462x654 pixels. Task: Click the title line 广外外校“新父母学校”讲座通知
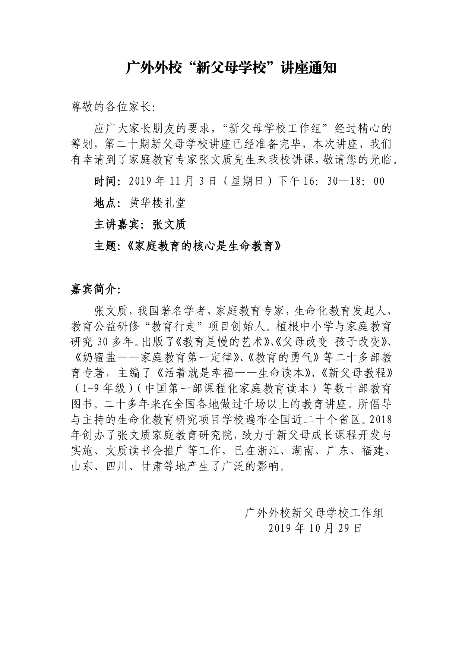pyautogui.click(x=231, y=69)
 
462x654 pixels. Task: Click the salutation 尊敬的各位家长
pyautogui.click(x=112, y=107)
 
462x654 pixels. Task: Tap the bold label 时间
pyautogui.click(x=105, y=181)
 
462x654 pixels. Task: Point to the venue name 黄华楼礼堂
pyautogui.click(x=157, y=203)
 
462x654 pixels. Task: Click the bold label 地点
pyautogui.click(x=105, y=203)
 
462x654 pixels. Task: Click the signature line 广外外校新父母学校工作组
pyautogui.click(x=314, y=513)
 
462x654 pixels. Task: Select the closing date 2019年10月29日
pyautogui.click(x=315, y=528)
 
